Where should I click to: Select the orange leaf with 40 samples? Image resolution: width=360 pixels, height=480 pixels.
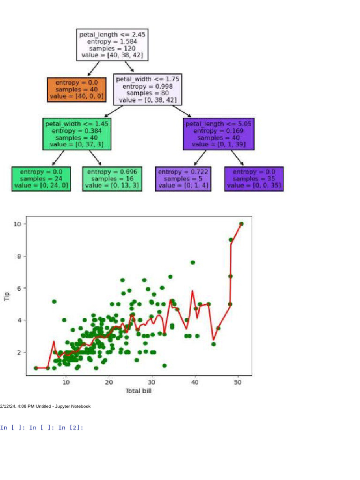tap(76, 90)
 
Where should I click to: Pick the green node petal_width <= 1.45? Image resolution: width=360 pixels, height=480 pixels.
tap(77, 134)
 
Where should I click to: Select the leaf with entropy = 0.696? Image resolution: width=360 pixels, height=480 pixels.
tap(112, 179)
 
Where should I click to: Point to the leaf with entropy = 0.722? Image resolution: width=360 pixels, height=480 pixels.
tap(183, 179)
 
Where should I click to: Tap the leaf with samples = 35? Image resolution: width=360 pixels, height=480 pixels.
tap(255, 179)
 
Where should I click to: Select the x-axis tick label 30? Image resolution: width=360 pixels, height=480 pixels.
tap(151, 382)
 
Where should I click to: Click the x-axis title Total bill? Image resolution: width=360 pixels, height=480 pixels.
tap(139, 391)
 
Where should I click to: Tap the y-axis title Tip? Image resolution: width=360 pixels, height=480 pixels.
tap(7, 296)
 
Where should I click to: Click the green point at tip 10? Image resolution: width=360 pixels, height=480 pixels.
tap(241, 224)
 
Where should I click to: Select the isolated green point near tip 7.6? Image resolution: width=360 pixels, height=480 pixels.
tap(193, 262)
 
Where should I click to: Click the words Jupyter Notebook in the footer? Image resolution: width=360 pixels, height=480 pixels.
tap(74, 406)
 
